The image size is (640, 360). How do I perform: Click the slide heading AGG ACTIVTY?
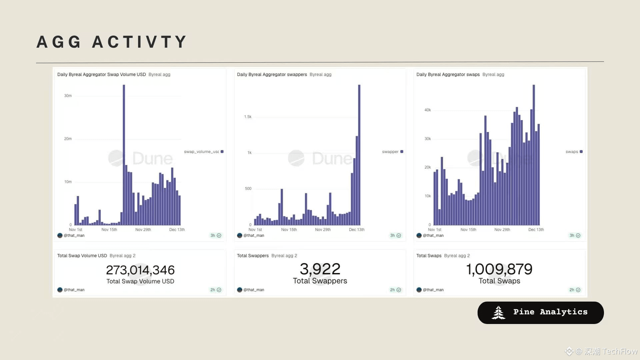[112, 42]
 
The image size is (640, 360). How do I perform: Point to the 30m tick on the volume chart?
[68, 96]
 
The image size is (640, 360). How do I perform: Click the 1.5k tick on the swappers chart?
[248, 117]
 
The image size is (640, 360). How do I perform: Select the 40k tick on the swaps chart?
[428, 110]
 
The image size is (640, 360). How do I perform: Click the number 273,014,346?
[140, 270]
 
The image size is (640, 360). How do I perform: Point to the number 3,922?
[320, 269]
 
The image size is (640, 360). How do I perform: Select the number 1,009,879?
[499, 269]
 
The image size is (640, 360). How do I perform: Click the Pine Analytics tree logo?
[499, 313]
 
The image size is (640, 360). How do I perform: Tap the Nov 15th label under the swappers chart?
[289, 230]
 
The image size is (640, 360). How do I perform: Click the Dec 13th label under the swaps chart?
[536, 230]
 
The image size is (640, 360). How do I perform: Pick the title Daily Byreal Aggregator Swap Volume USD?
[101, 74]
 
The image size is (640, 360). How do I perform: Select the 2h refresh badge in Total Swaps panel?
[575, 290]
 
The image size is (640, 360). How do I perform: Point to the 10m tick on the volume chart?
[68, 182]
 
